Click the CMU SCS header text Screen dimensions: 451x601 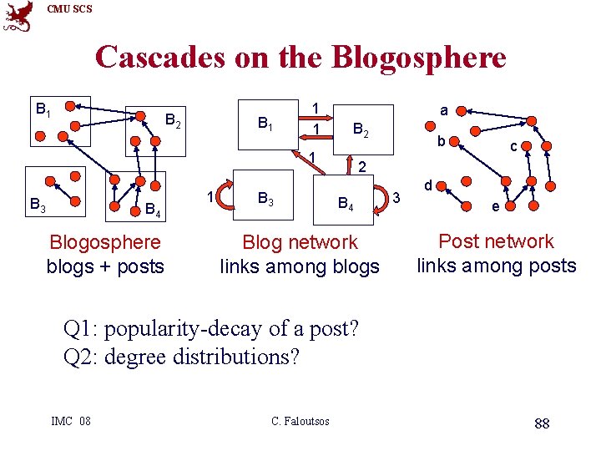coord(69,9)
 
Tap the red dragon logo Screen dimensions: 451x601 coord(18,16)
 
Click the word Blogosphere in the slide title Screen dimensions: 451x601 coord(418,57)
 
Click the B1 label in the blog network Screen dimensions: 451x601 coord(265,125)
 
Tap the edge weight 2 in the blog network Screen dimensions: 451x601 coord(362,168)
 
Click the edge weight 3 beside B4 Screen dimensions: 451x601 coord(397,197)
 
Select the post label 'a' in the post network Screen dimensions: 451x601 coord(444,109)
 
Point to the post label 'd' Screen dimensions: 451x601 coord(427,184)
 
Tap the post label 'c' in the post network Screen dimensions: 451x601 coord(515,146)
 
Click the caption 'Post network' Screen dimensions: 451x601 coord(496,241)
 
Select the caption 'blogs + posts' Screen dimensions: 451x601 coord(105,266)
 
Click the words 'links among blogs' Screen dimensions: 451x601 coord(300,266)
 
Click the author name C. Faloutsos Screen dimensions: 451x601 coord(300,421)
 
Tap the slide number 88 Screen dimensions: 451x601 coord(542,423)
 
